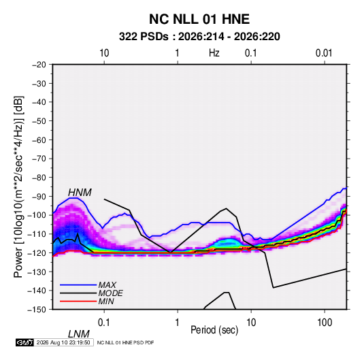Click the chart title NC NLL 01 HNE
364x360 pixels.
[199, 19]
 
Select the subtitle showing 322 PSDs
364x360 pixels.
[199, 37]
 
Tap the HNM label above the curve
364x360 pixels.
[80, 193]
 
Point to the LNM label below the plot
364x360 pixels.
[79, 334]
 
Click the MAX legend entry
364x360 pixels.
[107, 284]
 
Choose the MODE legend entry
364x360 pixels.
[110, 293]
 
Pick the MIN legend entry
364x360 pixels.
[106, 301]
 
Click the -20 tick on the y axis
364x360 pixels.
[39, 65]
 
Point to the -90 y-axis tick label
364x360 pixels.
[39, 197]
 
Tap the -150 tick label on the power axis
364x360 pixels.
[37, 310]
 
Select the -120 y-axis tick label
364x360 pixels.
[37, 253]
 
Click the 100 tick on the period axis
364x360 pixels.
[325, 323]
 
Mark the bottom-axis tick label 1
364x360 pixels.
[178, 323]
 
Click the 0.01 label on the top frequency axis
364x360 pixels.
[324, 53]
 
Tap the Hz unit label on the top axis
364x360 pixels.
[214, 53]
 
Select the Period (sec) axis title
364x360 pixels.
[214, 330]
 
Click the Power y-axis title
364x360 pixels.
[18, 186]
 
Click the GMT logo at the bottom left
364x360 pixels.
[25, 342]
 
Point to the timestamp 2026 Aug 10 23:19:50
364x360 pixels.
[63, 342]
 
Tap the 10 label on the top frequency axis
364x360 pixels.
[104, 53]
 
